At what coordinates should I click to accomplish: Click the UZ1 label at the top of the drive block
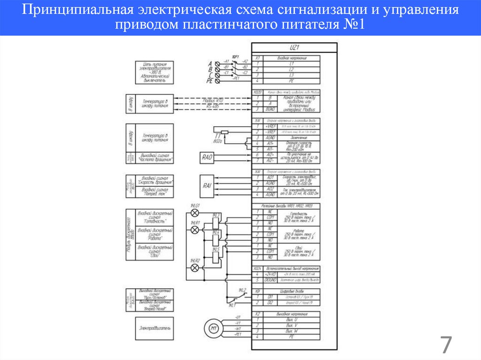295,47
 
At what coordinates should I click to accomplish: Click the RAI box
207,185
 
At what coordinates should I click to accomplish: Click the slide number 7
445,345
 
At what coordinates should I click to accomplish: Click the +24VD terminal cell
271,273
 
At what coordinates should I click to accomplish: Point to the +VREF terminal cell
270,127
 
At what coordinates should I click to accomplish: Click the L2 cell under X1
292,69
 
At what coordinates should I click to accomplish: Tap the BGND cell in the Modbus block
270,109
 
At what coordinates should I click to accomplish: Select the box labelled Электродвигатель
153,328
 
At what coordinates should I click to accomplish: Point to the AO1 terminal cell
270,177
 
